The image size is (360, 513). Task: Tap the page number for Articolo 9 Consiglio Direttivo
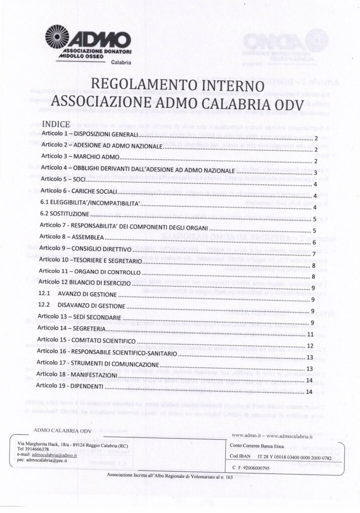pos(313,254)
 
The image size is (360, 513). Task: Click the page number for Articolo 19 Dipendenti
pos(309,391)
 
